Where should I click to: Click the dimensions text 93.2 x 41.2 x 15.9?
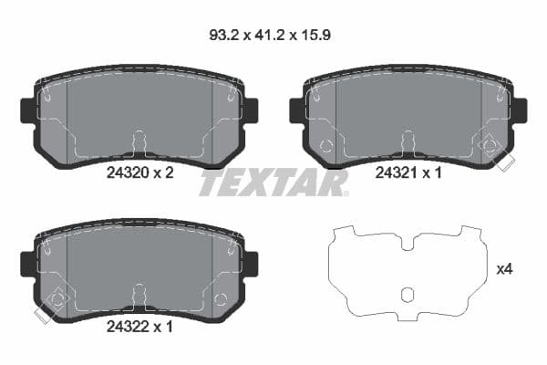click(x=273, y=38)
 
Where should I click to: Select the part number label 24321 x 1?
click(x=408, y=173)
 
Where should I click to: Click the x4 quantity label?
click(x=503, y=269)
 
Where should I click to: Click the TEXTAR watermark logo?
click(x=273, y=182)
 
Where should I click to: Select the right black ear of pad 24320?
click(x=250, y=110)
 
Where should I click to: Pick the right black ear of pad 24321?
click(x=519, y=110)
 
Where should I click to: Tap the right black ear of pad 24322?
click(x=250, y=264)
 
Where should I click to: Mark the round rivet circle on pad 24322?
click(x=219, y=297)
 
